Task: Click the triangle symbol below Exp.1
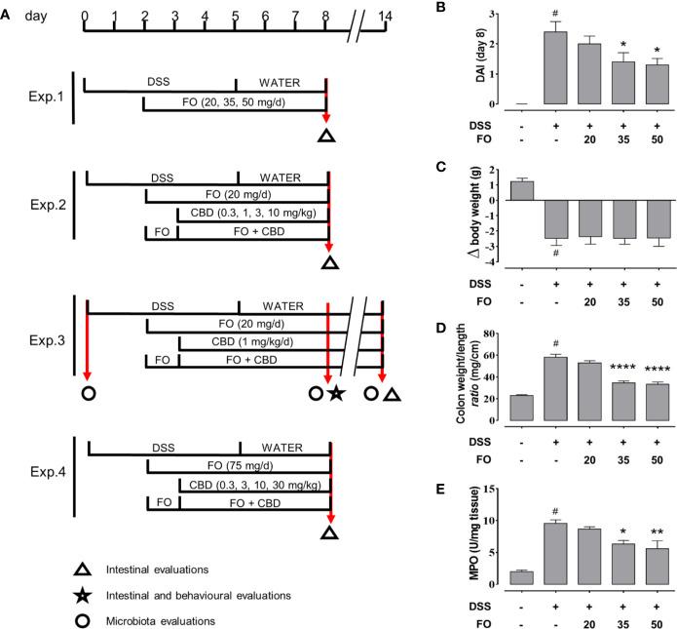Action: click(x=327, y=136)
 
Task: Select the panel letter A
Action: click(x=9, y=8)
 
